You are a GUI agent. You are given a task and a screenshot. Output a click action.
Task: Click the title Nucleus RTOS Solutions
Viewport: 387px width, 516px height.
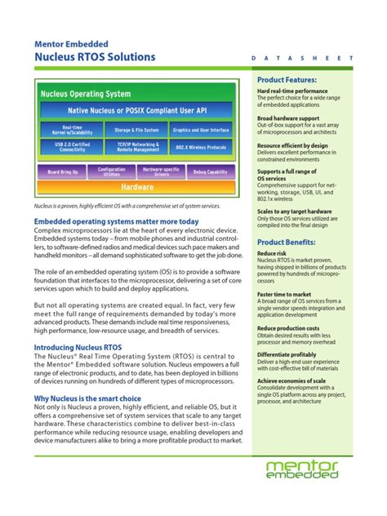tap(96, 58)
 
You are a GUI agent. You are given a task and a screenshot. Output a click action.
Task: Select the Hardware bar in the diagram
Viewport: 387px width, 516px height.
tap(137, 186)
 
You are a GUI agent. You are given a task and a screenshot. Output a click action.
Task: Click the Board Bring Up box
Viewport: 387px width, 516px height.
tap(64, 171)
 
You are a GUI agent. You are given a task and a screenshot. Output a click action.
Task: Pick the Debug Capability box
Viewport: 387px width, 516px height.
tap(210, 171)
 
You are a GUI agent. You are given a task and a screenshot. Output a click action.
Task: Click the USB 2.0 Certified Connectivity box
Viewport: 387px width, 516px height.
tap(72, 148)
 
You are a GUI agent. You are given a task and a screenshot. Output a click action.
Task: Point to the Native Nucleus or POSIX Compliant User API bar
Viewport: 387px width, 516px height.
tap(136, 110)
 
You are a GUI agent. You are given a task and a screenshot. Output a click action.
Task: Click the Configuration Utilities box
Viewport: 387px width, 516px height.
tap(112, 171)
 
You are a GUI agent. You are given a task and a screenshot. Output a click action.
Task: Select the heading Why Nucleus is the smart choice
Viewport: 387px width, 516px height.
tap(87, 398)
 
